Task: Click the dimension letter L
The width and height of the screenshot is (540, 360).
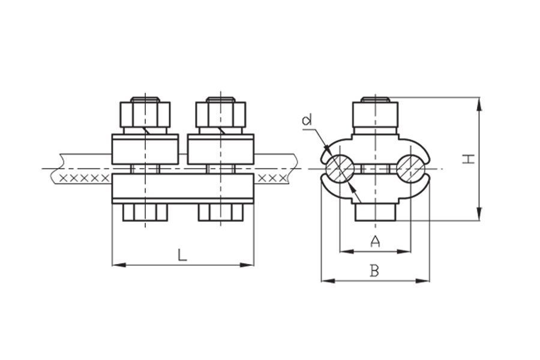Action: click(182, 255)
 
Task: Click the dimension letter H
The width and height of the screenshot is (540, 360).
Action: click(469, 159)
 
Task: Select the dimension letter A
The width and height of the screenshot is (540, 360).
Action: click(375, 241)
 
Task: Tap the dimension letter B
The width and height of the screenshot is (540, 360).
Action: click(374, 271)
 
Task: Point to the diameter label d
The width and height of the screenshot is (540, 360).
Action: click(306, 120)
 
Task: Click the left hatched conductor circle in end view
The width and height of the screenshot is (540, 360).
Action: click(340, 169)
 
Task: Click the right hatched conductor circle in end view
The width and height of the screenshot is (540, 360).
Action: click(410, 169)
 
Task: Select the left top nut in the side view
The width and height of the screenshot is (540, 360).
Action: click(145, 115)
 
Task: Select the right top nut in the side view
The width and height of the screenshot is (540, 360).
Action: click(221, 115)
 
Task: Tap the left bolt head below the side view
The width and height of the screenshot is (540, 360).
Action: click(145, 212)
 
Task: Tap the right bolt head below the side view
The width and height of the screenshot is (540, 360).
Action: click(221, 212)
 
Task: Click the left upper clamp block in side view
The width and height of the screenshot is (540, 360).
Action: click(145, 149)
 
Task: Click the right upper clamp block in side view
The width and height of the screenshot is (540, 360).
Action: click(221, 149)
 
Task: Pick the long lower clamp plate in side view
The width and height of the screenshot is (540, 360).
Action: click(183, 188)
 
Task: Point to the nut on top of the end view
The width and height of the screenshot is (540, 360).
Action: click(376, 115)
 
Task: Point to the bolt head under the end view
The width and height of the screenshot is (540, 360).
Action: click(376, 212)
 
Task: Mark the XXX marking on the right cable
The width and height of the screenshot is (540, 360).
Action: click(272, 178)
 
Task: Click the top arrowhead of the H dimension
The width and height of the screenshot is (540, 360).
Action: click(479, 104)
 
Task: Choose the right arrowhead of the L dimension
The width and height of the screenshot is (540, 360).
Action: click(247, 265)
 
